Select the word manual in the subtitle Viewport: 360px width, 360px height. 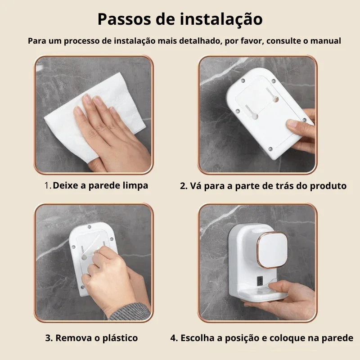click(x=325, y=41)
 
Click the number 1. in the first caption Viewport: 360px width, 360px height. click(x=48, y=185)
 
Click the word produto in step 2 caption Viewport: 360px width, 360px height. click(x=328, y=185)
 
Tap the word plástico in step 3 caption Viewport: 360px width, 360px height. click(x=118, y=338)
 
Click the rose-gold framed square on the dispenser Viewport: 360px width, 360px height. click(x=272, y=250)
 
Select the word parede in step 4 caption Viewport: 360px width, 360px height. click(x=339, y=338)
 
